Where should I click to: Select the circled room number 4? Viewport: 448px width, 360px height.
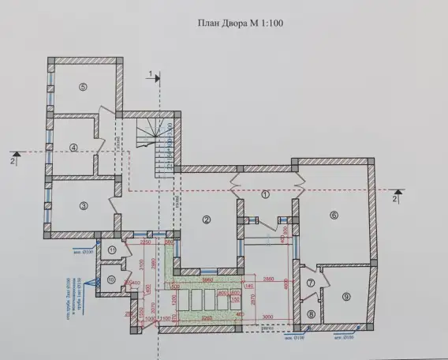[x=73, y=147]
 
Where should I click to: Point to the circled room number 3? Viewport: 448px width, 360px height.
[x=82, y=205]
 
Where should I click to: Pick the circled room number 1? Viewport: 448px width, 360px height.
[x=265, y=193]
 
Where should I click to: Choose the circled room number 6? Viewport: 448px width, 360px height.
[x=334, y=214]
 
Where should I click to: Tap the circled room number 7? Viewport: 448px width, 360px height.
[x=311, y=283]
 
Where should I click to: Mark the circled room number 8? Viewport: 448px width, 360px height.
[x=311, y=314]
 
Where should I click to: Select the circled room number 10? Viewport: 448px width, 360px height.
[x=111, y=279]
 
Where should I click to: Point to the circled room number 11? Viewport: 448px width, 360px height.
[x=112, y=251]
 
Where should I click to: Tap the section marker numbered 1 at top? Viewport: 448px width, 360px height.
[x=148, y=73]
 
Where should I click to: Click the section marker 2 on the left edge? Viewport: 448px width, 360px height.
[x=13, y=159]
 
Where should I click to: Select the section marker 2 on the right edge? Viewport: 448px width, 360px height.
[x=394, y=199]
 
